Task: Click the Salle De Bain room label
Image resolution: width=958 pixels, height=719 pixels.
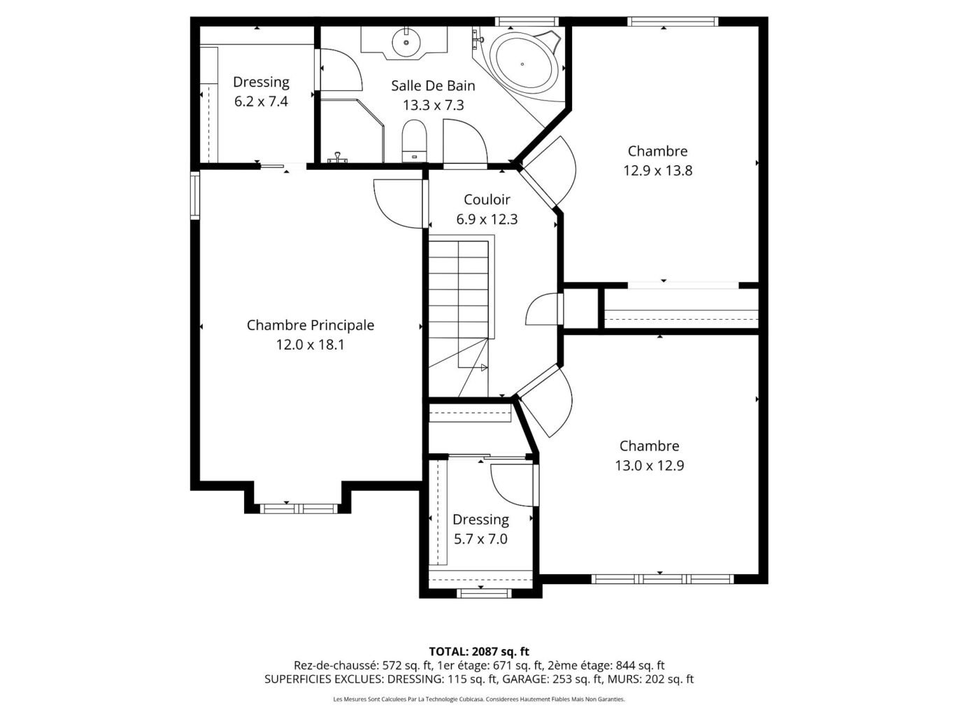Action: pyautogui.click(x=433, y=85)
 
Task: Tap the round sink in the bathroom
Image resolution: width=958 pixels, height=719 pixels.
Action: pyautogui.click(x=406, y=42)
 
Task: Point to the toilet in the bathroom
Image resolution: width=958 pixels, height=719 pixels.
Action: pyautogui.click(x=414, y=141)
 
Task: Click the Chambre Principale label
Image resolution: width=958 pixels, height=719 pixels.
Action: pyautogui.click(x=310, y=325)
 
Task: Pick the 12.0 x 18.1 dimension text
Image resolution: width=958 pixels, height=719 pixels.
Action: pyautogui.click(x=310, y=345)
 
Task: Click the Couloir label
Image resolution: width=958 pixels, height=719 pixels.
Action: pyautogui.click(x=487, y=199)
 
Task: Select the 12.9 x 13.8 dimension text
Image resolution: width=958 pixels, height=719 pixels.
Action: pyautogui.click(x=657, y=171)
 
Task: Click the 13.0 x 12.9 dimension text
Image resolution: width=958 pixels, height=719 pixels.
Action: pyautogui.click(x=650, y=466)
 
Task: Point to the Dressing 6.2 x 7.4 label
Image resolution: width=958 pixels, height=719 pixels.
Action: pyautogui.click(x=261, y=92)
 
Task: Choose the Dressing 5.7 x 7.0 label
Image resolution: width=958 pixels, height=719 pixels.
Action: pyautogui.click(x=480, y=529)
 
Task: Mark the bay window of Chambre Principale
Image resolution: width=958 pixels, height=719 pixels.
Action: pyautogui.click(x=299, y=508)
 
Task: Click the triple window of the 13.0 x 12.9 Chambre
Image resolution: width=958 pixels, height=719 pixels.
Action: pyautogui.click(x=662, y=579)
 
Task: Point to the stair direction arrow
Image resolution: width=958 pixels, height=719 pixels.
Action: pyautogui.click(x=484, y=368)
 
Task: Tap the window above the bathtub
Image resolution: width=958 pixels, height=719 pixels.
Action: pyautogui.click(x=527, y=22)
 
